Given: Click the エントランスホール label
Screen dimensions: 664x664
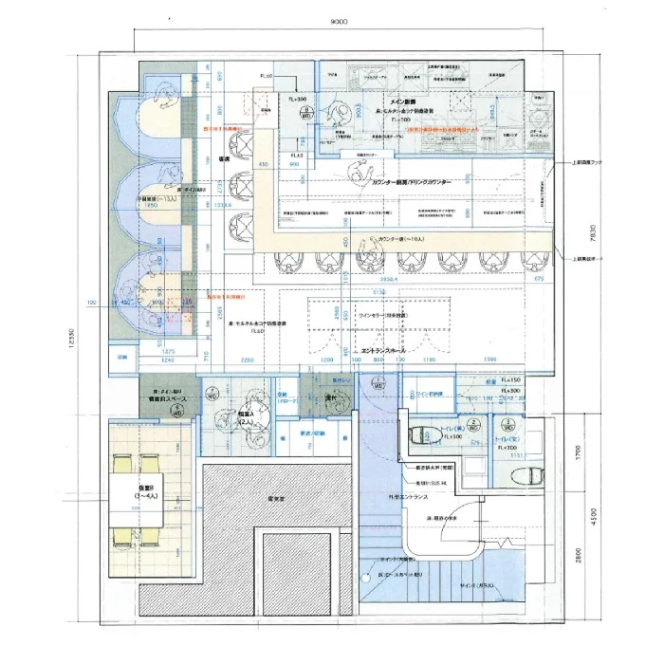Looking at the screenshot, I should (x=384, y=350).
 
